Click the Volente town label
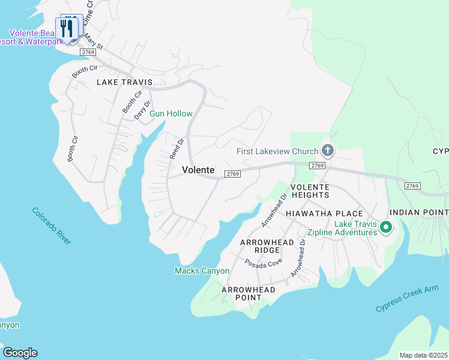coord(198,170)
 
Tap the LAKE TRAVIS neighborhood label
coord(124,82)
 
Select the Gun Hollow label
coord(170,113)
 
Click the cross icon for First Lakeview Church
coord(327,150)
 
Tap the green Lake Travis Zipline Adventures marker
coord(387,227)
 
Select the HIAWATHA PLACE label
coord(324,214)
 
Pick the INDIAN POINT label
coord(418,213)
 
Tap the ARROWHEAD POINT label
coord(249,294)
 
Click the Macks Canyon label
coord(202,271)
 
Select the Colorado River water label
coord(52,226)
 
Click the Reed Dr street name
coord(176,148)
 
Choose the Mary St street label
coord(94,41)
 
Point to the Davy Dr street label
coord(140,110)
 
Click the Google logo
coord(20,353)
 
